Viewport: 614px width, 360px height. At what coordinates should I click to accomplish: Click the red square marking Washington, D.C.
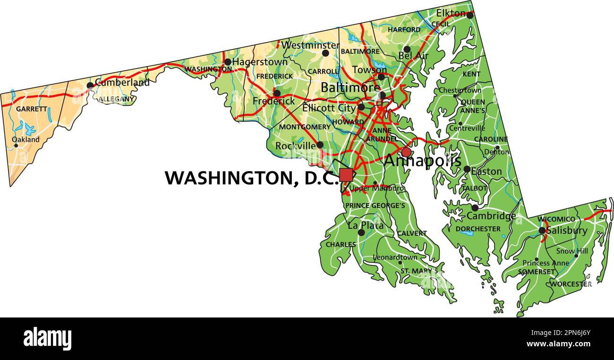tap(346, 175)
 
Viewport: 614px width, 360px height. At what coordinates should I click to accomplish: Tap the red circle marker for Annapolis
tap(406, 152)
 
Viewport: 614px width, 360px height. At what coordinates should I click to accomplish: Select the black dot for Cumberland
tap(90, 86)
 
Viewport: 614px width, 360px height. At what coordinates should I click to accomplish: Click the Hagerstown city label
tap(260, 62)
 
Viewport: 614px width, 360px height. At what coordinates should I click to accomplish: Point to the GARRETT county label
tap(32, 109)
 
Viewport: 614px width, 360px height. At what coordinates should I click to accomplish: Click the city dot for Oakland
tap(16, 145)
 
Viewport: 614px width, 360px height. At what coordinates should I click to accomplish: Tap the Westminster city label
tap(310, 45)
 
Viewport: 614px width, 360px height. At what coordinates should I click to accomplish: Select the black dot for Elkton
tap(469, 16)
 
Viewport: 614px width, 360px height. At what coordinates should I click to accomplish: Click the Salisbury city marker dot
tap(542, 231)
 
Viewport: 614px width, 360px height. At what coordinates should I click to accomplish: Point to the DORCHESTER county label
tap(478, 229)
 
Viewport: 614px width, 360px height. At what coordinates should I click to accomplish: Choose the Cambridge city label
tap(491, 216)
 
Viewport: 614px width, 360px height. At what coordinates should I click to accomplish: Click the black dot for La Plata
tap(361, 232)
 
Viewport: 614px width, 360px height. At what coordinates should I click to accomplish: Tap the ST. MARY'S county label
tap(419, 271)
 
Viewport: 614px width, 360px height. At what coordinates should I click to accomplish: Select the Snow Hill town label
tap(572, 251)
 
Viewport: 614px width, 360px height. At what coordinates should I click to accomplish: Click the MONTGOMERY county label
tap(305, 127)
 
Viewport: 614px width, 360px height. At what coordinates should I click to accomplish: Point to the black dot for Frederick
tap(277, 94)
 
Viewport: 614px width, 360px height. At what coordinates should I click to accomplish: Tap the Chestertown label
tap(460, 90)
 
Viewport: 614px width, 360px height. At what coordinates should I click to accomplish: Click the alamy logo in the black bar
tap(47, 339)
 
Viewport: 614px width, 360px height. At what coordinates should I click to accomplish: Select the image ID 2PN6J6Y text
tap(564, 332)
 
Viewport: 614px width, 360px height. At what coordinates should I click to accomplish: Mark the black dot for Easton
tap(467, 169)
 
